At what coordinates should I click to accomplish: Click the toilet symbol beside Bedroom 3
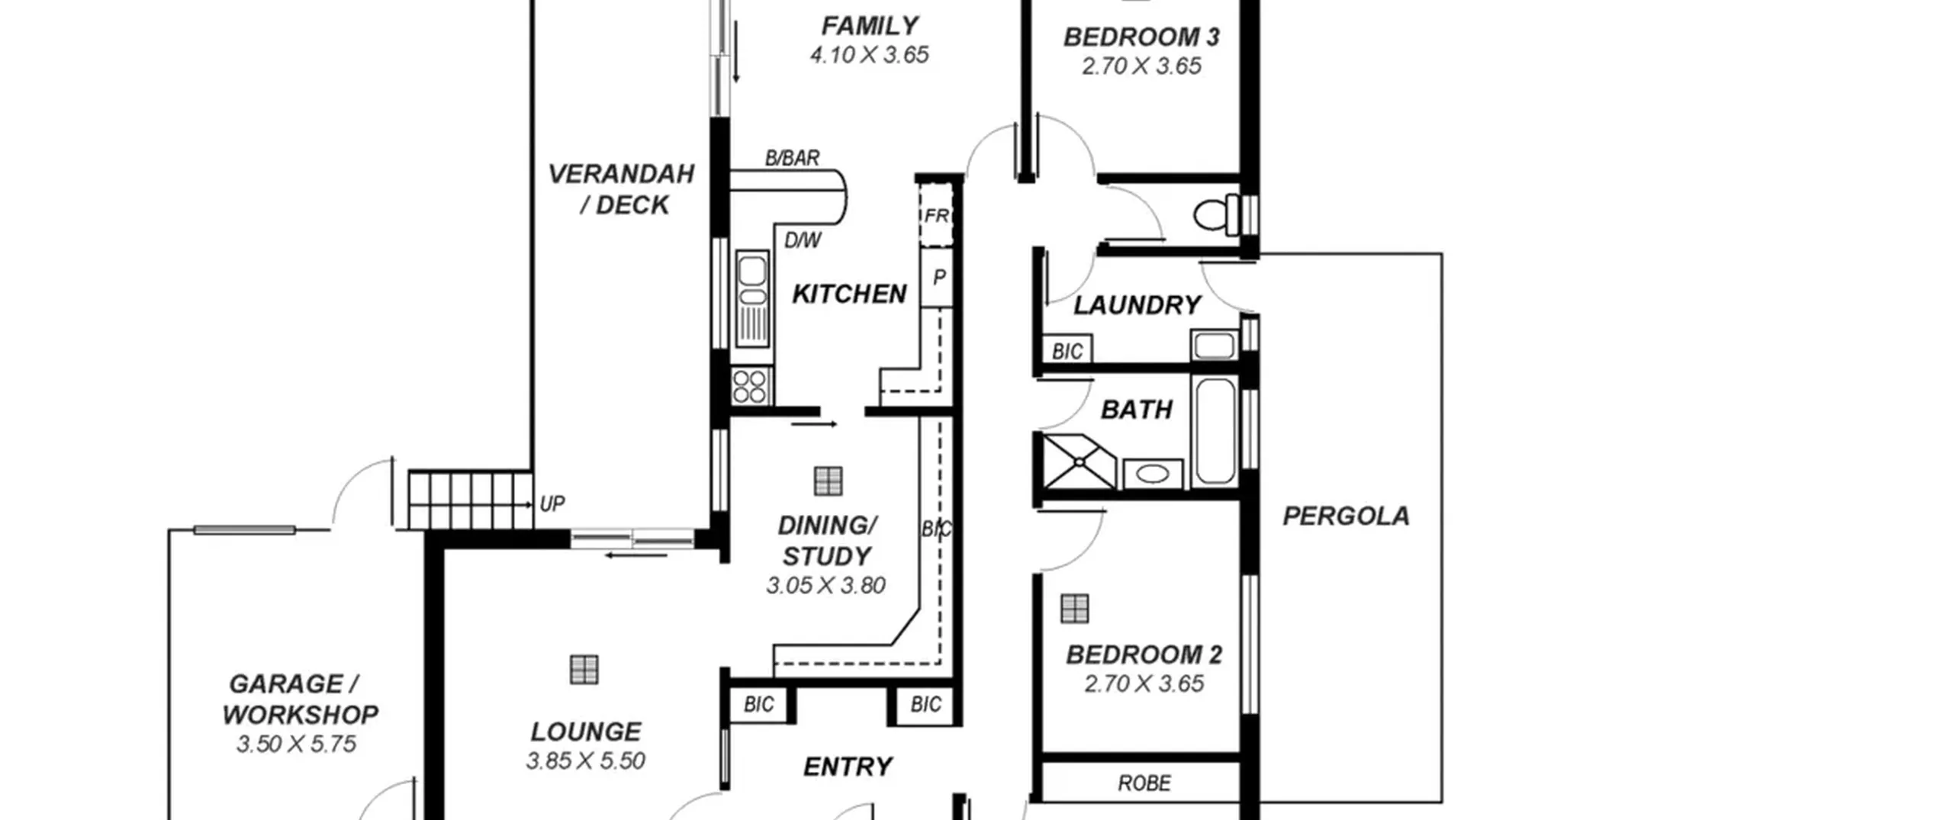click(x=1216, y=214)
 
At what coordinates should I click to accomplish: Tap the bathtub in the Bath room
click(x=1215, y=431)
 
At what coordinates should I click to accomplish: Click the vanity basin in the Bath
click(x=1152, y=474)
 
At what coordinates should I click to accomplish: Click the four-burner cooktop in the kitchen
click(x=751, y=386)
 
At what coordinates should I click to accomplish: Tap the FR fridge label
click(x=936, y=216)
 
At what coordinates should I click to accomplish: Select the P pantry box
click(x=938, y=278)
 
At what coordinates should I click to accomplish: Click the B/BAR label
click(x=793, y=158)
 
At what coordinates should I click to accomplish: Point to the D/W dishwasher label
click(x=803, y=240)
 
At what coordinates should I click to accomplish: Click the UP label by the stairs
click(x=552, y=504)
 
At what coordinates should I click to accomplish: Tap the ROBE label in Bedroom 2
click(x=1144, y=783)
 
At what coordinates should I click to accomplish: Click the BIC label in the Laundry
click(x=1067, y=351)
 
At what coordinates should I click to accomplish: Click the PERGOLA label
click(x=1346, y=516)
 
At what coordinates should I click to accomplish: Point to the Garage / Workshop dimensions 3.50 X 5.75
click(x=296, y=744)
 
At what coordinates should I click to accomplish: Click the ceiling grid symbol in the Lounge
click(x=584, y=670)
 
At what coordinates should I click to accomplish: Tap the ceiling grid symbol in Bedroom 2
click(x=1075, y=609)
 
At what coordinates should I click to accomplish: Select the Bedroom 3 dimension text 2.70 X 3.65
click(x=1141, y=66)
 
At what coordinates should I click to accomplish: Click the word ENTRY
click(x=848, y=767)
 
